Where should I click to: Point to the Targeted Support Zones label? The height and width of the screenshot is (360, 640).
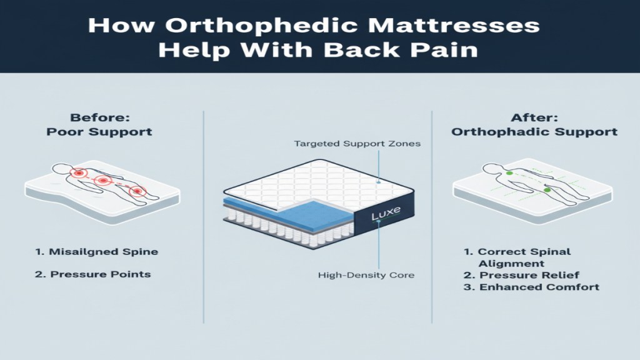pyautogui.click(x=357, y=144)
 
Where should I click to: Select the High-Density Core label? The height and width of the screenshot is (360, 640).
pyautogui.click(x=365, y=275)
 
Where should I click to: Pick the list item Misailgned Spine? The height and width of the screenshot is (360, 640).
pyautogui.click(x=96, y=252)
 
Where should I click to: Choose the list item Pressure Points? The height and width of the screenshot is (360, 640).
pyautogui.click(x=93, y=274)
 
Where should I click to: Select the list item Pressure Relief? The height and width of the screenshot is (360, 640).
pyautogui.click(x=521, y=275)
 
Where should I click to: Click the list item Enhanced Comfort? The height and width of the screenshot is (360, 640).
pyautogui.click(x=531, y=287)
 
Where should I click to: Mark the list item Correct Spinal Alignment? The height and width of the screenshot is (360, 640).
pyautogui.click(x=517, y=257)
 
